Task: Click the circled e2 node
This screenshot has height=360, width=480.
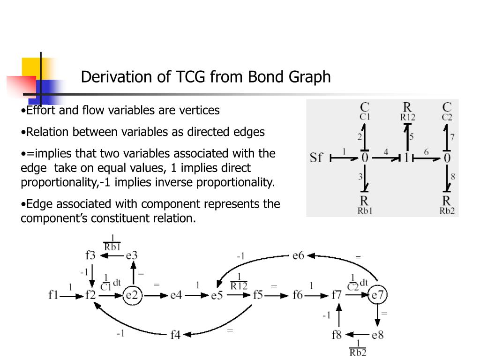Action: (x=133, y=295)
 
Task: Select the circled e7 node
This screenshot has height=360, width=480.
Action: (x=378, y=295)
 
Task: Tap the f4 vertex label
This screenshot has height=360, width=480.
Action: (x=175, y=335)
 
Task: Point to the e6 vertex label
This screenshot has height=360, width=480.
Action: (x=298, y=256)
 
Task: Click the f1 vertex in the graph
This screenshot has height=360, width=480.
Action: (x=53, y=295)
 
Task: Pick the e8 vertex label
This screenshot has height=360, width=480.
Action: (x=377, y=335)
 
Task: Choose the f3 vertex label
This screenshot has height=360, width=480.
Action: (x=90, y=255)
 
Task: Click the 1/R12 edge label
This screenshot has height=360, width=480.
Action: (x=239, y=281)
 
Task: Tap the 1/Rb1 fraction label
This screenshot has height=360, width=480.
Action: (x=112, y=243)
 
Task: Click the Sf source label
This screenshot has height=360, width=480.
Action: (x=316, y=157)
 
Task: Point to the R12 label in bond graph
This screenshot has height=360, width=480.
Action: (x=407, y=118)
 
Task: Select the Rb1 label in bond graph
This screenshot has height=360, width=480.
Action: (x=365, y=210)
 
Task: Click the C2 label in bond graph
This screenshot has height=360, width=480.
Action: (x=447, y=118)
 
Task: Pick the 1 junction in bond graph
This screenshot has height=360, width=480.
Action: (x=407, y=158)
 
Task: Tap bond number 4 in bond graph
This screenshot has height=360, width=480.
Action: (x=385, y=152)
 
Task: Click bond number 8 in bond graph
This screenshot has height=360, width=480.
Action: (x=453, y=177)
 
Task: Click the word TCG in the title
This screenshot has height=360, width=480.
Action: (x=191, y=76)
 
